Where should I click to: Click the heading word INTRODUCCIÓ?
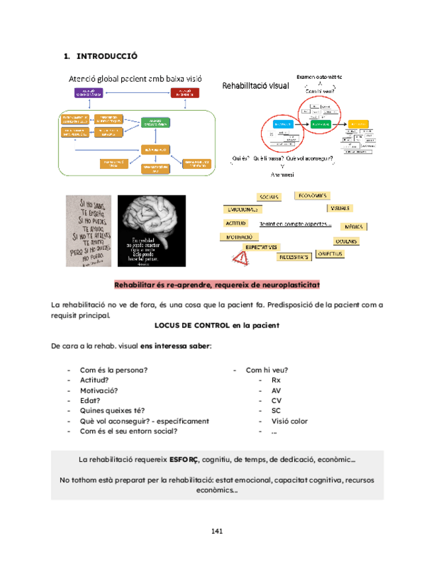coord(107,56)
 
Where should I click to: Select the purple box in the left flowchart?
coord(87,93)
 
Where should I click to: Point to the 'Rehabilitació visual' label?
coord(255,85)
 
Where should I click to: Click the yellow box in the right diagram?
coord(358,124)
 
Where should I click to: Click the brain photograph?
coord(152,231)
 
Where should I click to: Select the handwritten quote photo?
coord(87,231)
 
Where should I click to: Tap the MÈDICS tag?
coord(353,227)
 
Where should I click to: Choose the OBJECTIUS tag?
coord(329,254)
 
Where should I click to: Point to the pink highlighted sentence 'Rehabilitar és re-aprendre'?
coord(217,284)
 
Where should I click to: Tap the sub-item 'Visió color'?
coord(290,421)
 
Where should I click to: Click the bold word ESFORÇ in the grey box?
coord(184,459)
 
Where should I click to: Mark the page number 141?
coord(217,531)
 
